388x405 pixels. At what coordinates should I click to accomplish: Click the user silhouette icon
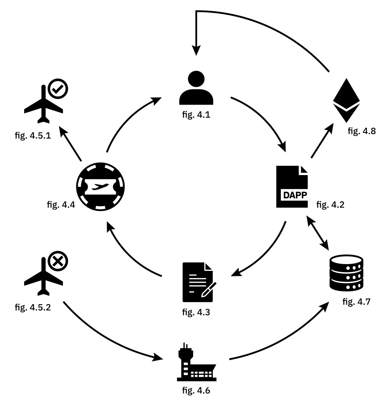196,88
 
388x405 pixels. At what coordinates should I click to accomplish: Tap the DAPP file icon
292,186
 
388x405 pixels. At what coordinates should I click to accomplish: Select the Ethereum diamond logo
346,96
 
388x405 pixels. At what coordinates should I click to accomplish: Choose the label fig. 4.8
362,132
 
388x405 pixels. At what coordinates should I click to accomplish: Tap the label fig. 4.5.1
33,136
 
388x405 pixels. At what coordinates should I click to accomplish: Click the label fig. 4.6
195,390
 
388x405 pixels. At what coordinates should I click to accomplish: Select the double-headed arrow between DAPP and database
318,233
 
